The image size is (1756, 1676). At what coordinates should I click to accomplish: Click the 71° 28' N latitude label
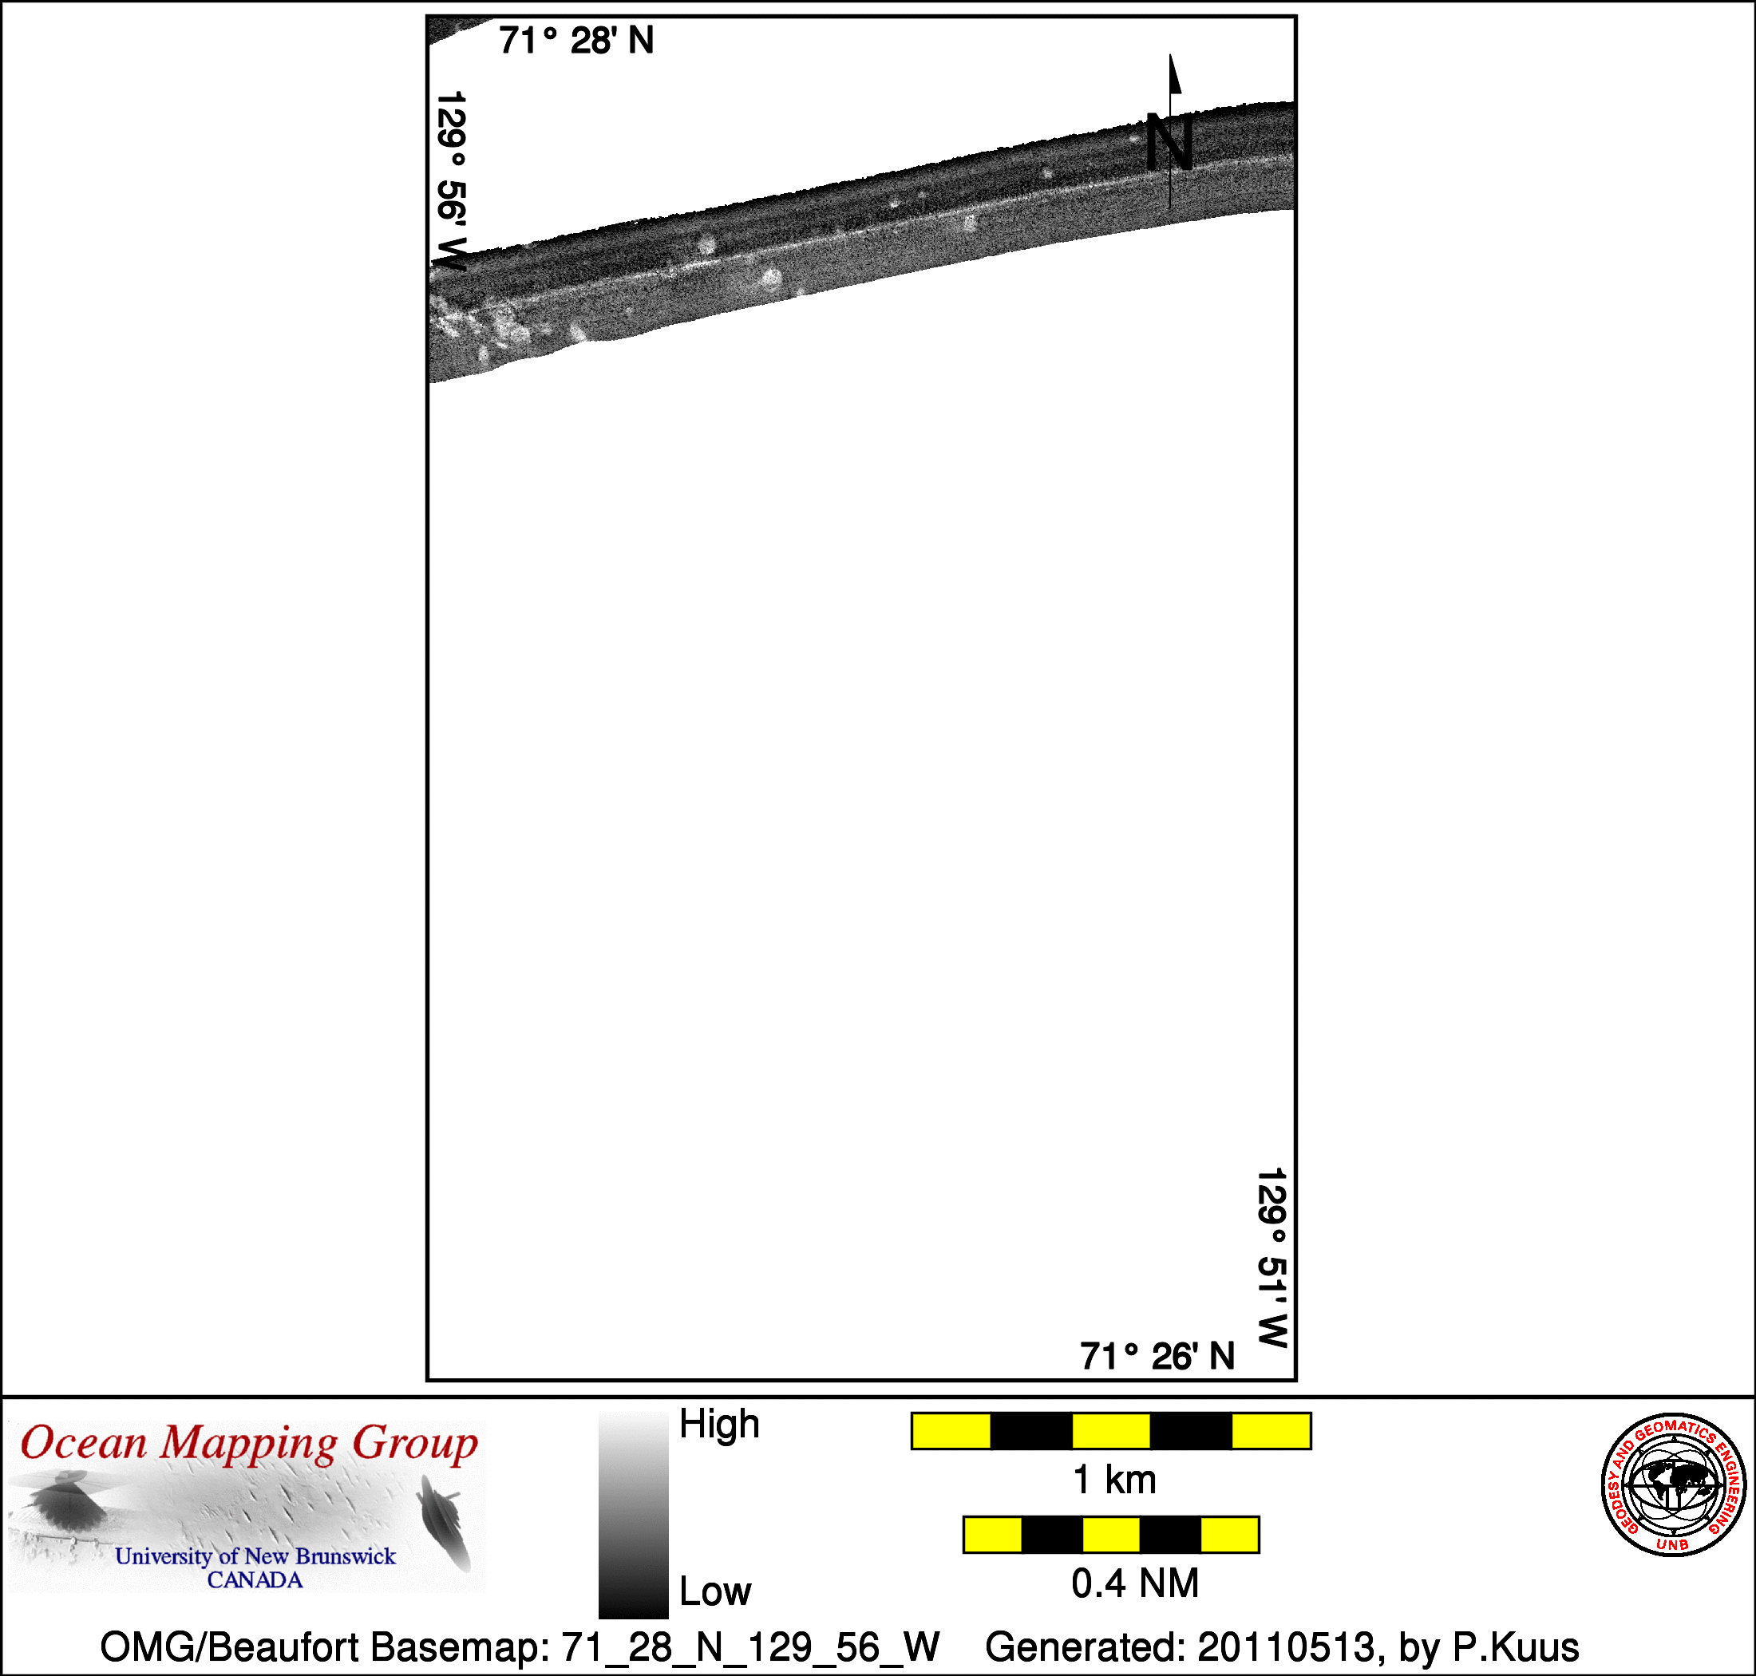[576, 41]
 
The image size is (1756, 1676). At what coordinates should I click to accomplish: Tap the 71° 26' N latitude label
[1157, 1356]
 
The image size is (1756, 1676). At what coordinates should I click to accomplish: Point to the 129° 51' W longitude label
[1272, 1257]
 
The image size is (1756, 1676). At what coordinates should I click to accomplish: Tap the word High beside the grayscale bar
[719, 1424]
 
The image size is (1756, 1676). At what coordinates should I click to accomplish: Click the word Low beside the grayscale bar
[715, 1591]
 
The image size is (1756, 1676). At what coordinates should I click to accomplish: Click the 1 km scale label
[1114, 1480]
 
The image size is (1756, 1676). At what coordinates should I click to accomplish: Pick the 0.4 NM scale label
[1135, 1583]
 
